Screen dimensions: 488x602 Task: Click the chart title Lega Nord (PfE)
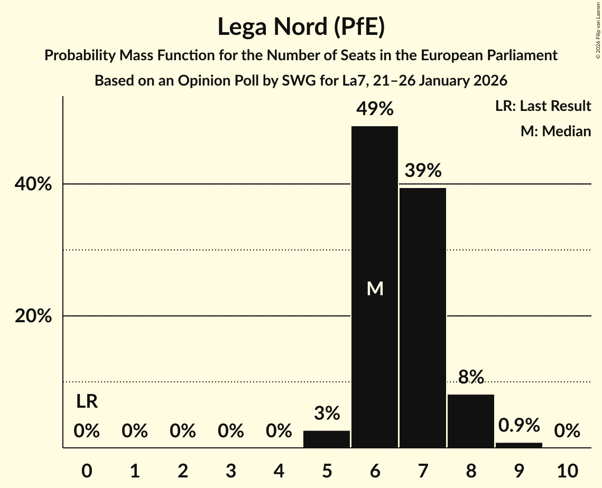(301, 27)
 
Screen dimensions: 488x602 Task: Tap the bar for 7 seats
(423, 317)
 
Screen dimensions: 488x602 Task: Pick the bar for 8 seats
(471, 421)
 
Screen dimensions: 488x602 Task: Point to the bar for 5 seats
(327, 439)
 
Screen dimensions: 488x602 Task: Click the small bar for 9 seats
(519, 445)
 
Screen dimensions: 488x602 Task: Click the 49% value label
(375, 109)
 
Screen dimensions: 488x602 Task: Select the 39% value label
(423, 171)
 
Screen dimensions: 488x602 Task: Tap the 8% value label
(471, 377)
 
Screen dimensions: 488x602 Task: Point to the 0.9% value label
(519, 425)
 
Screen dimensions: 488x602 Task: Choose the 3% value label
(327, 413)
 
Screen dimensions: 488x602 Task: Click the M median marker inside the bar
(375, 288)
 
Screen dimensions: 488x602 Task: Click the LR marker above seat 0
(87, 401)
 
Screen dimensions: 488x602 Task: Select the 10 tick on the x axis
(567, 470)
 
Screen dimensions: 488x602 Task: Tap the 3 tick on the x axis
(230, 470)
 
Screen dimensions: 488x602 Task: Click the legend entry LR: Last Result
(543, 106)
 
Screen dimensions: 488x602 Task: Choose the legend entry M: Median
(555, 131)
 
